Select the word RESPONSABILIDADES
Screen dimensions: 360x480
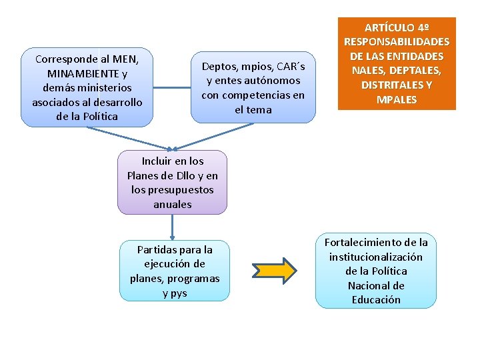(397, 42)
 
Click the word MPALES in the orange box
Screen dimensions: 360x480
(397, 100)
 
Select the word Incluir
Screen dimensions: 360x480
(156, 161)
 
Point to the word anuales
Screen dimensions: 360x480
(173, 204)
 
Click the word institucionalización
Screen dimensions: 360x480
(376, 257)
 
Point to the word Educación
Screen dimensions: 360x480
(376, 300)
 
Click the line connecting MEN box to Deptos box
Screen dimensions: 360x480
(172, 87)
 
